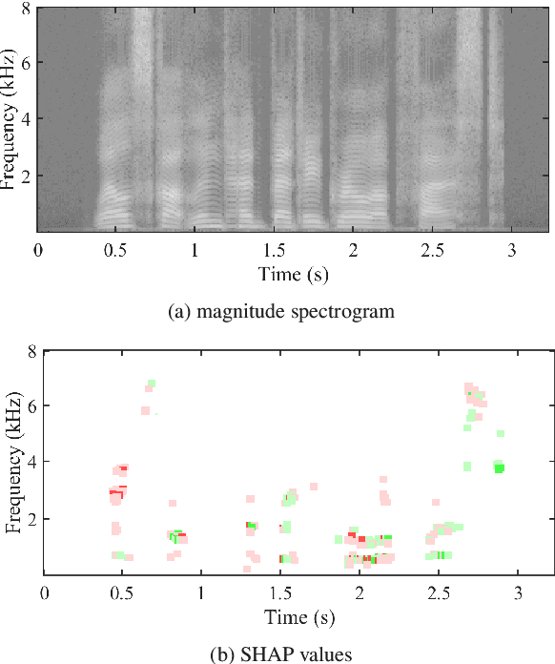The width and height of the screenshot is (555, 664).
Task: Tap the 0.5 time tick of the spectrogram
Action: coord(116,250)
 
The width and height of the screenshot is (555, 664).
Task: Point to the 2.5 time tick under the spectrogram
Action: coord(431,250)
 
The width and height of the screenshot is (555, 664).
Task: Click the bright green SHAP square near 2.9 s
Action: coord(498,467)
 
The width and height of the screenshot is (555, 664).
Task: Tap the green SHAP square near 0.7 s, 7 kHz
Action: coord(151,384)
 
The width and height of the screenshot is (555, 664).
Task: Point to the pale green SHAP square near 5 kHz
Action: coord(500,434)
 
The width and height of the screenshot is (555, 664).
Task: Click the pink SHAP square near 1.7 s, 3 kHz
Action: coord(313,487)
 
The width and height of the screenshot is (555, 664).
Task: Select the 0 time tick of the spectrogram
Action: coord(38,250)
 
